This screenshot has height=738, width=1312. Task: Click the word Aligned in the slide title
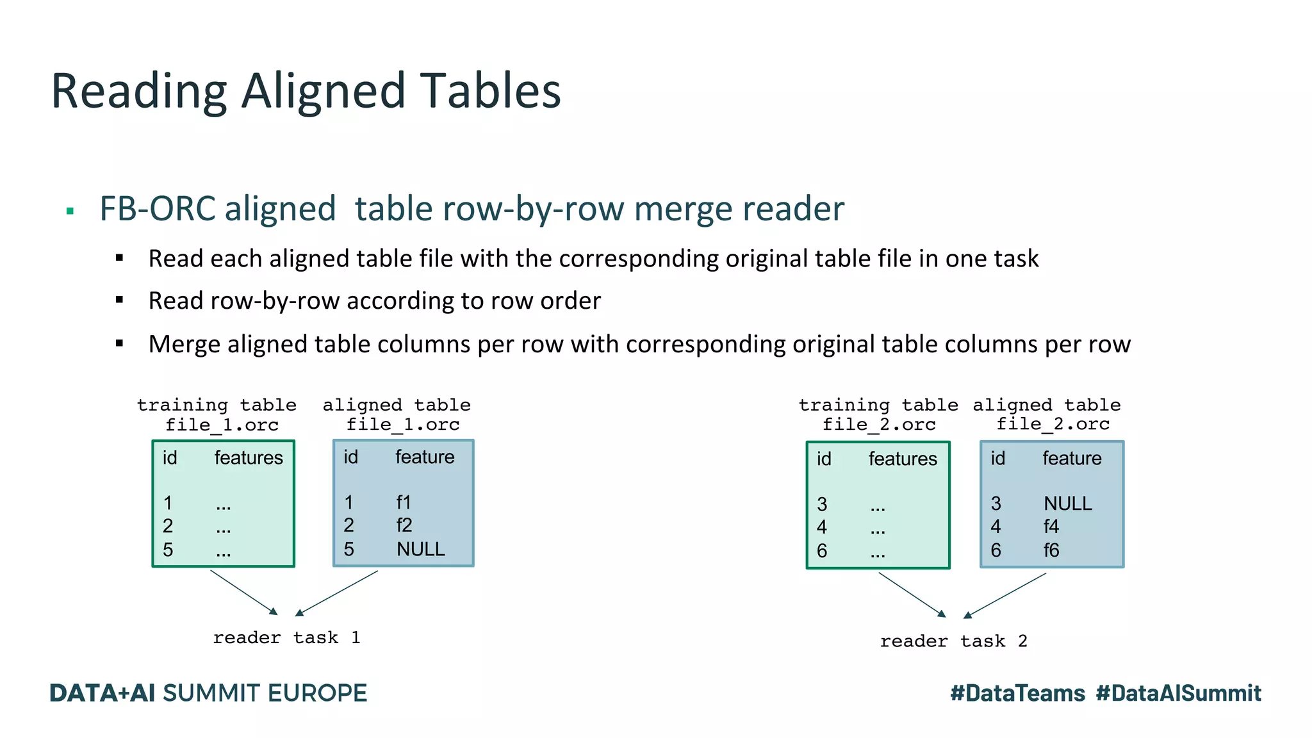(323, 92)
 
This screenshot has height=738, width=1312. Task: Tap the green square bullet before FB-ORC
(70, 211)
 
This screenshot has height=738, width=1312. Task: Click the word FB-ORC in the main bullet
(158, 209)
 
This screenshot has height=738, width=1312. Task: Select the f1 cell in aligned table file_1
(404, 502)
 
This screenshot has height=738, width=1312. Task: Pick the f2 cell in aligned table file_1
(404, 525)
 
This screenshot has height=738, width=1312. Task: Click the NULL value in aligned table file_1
(420, 549)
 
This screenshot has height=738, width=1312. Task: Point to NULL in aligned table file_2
(1067, 504)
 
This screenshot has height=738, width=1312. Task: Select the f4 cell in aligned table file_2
(1051, 527)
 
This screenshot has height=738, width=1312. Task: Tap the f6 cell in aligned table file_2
(1051, 550)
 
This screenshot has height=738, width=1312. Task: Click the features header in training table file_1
(249, 457)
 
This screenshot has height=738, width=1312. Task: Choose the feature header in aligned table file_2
(1072, 458)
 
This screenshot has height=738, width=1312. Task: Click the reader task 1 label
(286, 637)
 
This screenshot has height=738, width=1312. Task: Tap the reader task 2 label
(953, 641)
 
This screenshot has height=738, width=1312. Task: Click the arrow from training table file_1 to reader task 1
(244, 593)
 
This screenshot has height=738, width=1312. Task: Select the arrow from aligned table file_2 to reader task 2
(1004, 596)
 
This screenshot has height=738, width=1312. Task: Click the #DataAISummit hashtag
(1178, 693)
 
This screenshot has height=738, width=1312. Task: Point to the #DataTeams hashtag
(1017, 693)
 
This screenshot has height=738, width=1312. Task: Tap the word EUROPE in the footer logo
(317, 693)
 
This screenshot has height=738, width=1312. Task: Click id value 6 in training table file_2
(822, 551)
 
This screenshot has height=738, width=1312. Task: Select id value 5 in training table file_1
(168, 550)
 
